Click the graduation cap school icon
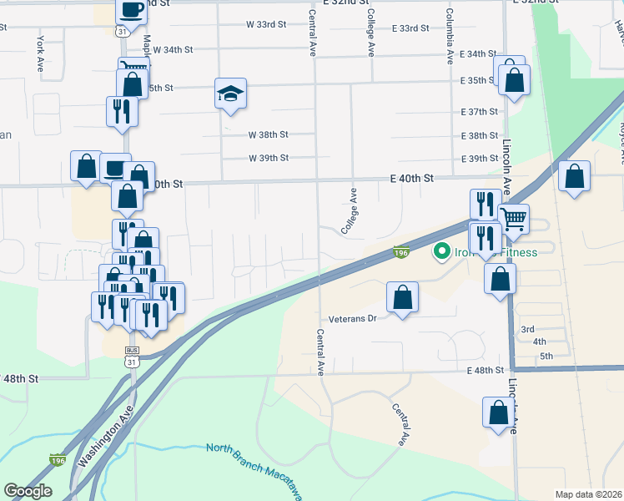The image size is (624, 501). (231, 94)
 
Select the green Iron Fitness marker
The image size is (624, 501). (440, 250)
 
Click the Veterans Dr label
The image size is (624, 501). (353, 318)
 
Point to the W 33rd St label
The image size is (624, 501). (266, 25)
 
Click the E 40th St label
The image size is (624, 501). (412, 178)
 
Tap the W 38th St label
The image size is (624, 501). (268, 134)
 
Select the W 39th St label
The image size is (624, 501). (268, 158)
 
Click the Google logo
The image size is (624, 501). (28, 491)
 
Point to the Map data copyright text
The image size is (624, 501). (588, 494)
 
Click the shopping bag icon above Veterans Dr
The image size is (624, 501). (402, 296)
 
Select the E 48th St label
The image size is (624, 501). (487, 370)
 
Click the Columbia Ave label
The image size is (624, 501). (449, 38)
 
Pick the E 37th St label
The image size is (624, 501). (479, 111)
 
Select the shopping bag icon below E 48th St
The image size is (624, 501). (499, 412)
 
